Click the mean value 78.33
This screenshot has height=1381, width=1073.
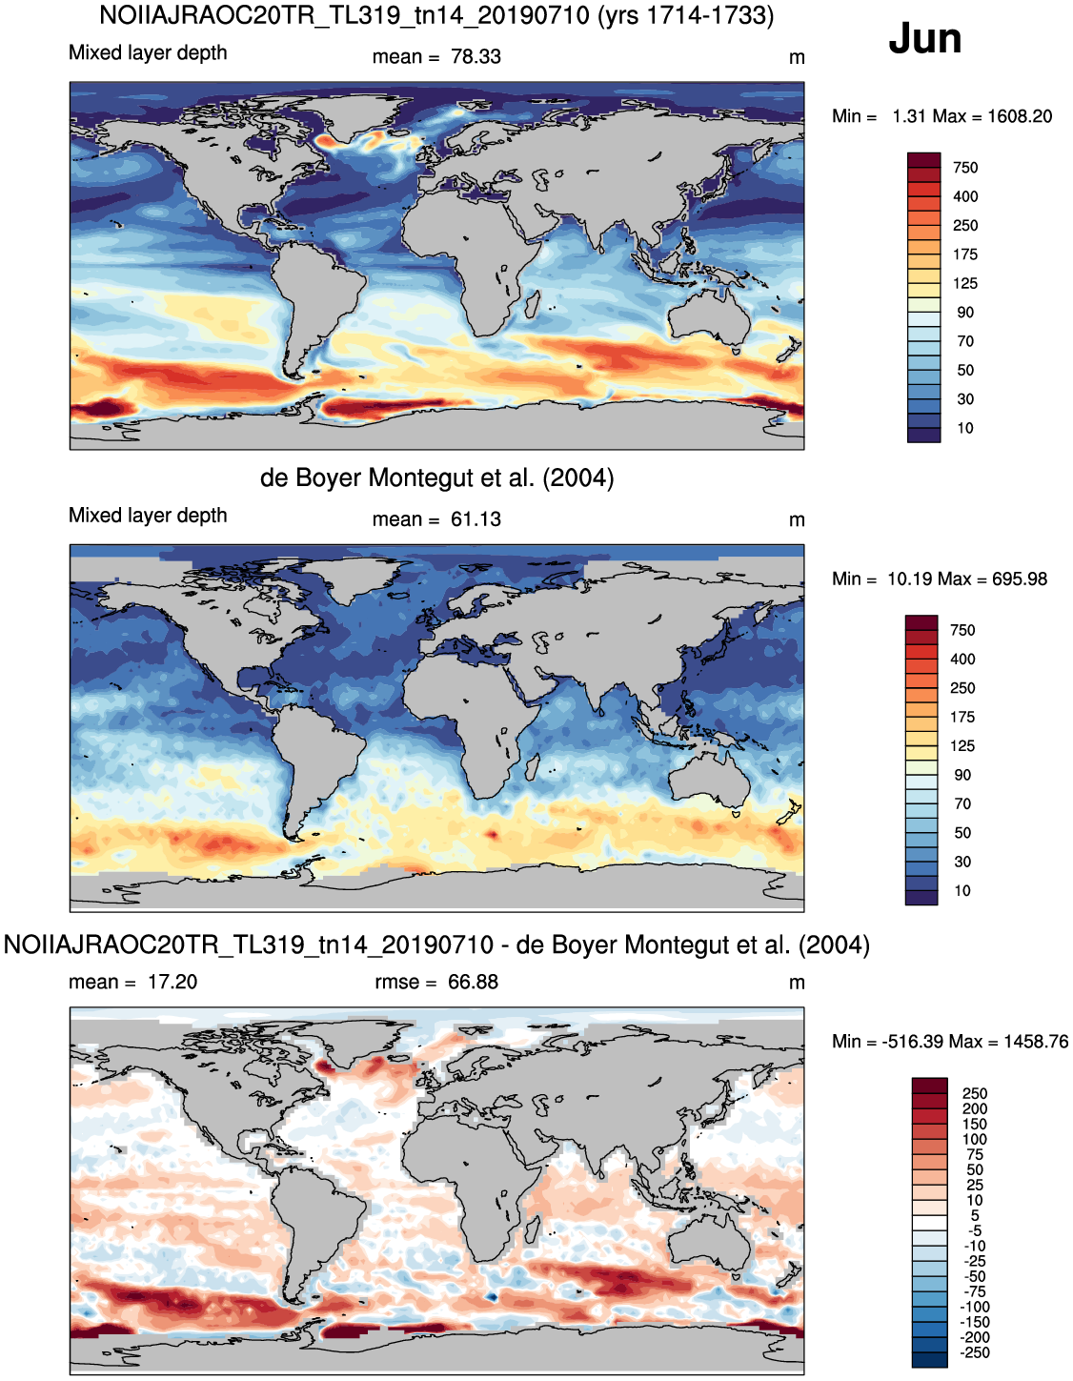pos(476,56)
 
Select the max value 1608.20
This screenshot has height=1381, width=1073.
pos(1020,116)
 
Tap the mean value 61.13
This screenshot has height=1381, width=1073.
pos(476,519)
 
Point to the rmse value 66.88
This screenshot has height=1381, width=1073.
pos(473,982)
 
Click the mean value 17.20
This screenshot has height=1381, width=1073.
pos(172,982)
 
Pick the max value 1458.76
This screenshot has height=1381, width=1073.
pos(1036,1042)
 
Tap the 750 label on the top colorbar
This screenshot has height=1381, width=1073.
pos(965,168)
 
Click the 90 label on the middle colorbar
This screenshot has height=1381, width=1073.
pos(962,775)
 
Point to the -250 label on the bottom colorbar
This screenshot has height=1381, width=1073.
pos(975,1352)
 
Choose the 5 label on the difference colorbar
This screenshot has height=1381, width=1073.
pos(975,1215)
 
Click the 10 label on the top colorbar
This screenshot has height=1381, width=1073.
pos(965,428)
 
